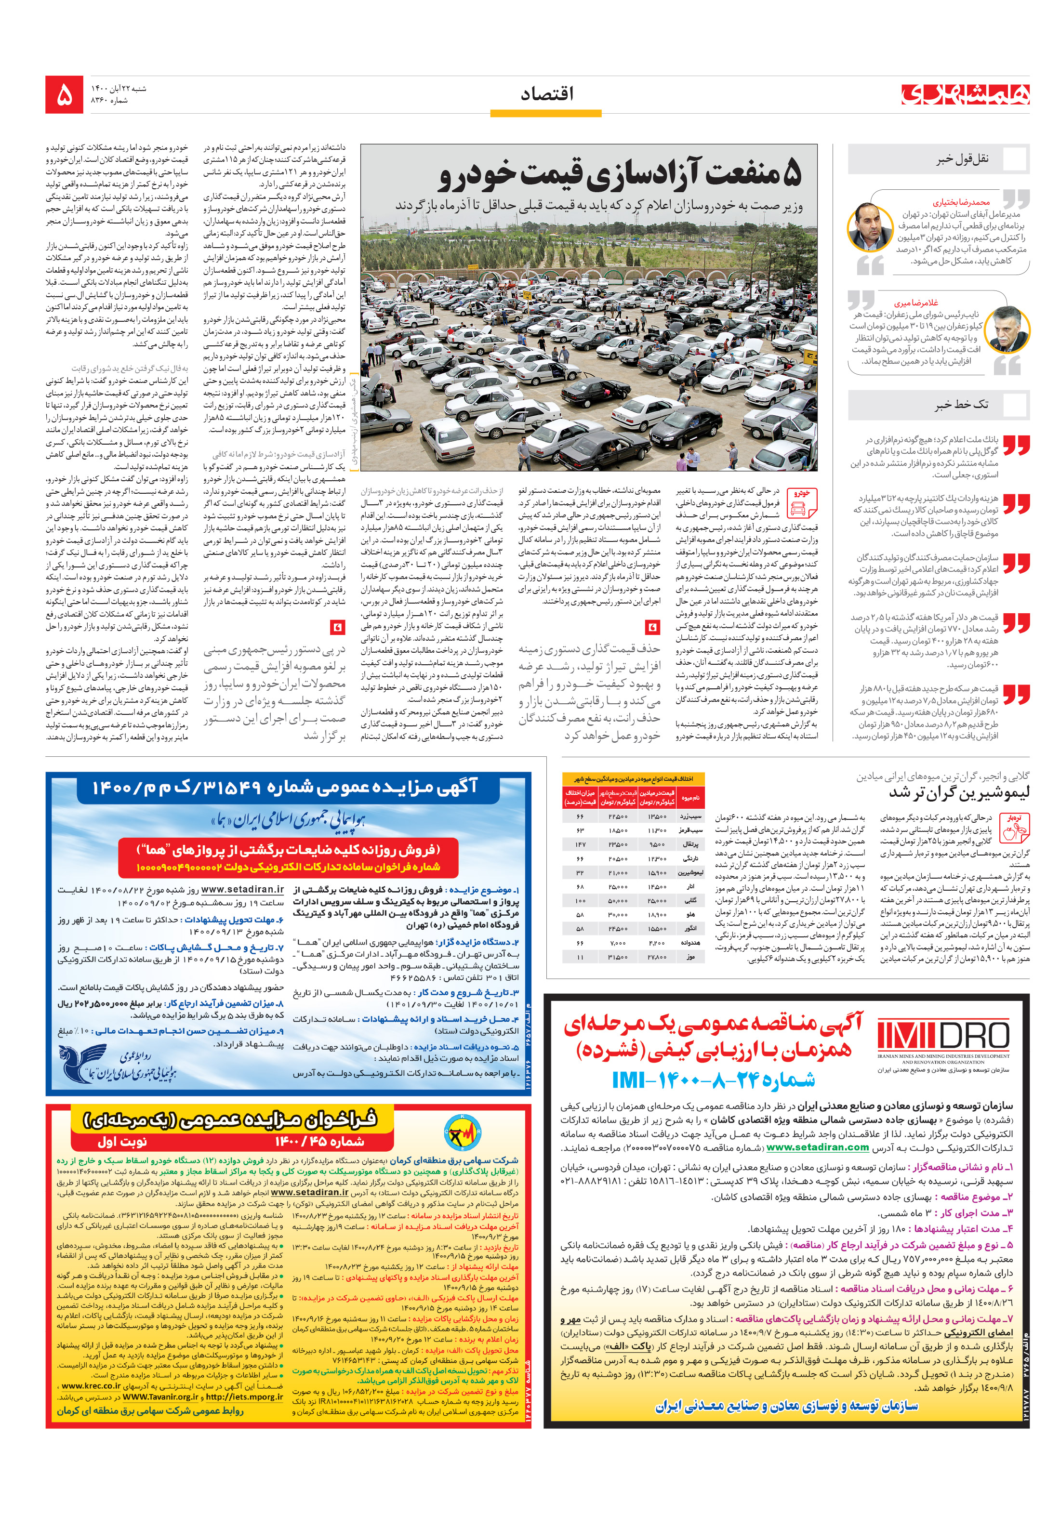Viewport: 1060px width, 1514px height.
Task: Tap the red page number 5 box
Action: point(64,94)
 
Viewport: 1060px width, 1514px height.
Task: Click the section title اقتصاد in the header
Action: point(546,93)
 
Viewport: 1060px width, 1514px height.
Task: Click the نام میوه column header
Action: point(690,797)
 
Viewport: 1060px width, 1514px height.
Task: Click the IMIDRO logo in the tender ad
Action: point(943,1036)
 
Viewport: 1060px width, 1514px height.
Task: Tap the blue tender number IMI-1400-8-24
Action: point(713,1080)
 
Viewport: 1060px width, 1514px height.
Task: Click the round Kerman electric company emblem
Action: point(462,1133)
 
